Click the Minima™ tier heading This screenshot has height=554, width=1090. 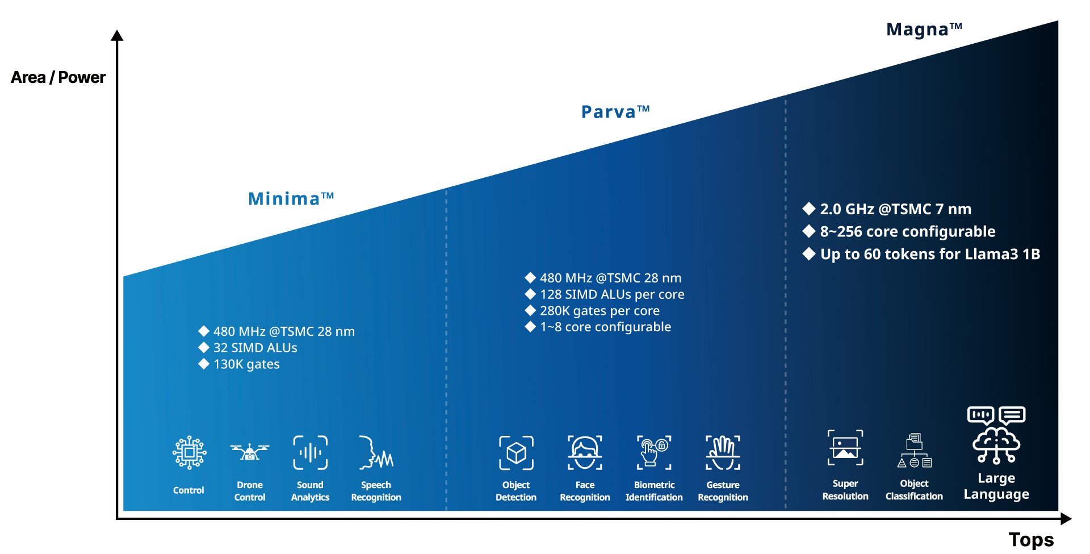pyautogui.click(x=291, y=198)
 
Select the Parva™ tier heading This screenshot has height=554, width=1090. pyautogui.click(x=615, y=111)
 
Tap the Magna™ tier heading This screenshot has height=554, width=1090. pyautogui.click(x=924, y=29)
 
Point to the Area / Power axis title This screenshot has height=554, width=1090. pyautogui.click(x=58, y=77)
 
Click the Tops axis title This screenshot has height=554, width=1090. pyautogui.click(x=1031, y=539)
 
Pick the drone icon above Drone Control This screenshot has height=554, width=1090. pyautogui.click(x=250, y=452)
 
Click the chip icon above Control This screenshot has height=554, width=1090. pyautogui.click(x=189, y=452)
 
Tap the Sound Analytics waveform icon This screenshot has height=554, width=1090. pyautogui.click(x=310, y=452)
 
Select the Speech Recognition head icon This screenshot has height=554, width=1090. pyautogui.click(x=376, y=452)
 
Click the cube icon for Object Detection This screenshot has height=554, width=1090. pyautogui.click(x=516, y=453)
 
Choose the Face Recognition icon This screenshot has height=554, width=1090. pyautogui.click(x=585, y=452)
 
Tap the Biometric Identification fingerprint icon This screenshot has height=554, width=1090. pyautogui.click(x=654, y=452)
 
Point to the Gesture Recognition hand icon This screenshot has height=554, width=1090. pyautogui.click(x=723, y=452)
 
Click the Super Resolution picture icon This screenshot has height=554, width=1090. pyautogui.click(x=845, y=448)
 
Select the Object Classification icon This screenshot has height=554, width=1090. pyautogui.click(x=914, y=450)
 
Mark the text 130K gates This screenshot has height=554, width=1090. pyautogui.click(x=246, y=364)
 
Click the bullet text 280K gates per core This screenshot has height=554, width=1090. pyautogui.click(x=599, y=311)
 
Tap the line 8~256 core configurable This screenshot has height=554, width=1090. pyautogui.click(x=907, y=231)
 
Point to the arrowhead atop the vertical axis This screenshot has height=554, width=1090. pyautogui.click(x=117, y=35)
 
